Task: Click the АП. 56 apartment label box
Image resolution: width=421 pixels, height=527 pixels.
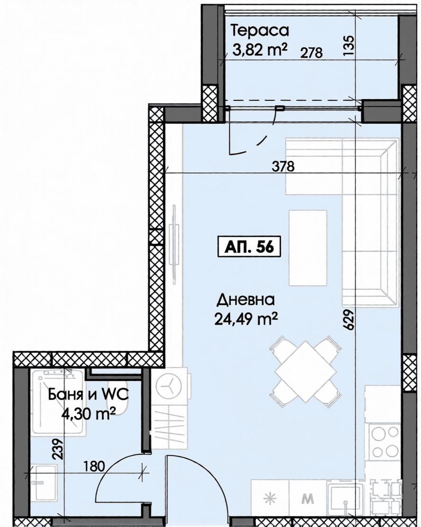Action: pyautogui.click(x=249, y=247)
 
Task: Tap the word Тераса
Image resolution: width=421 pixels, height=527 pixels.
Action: pyautogui.click(x=260, y=31)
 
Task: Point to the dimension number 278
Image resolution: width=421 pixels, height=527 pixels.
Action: pyautogui.click(x=311, y=53)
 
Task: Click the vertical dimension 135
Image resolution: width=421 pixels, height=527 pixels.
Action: pyautogui.click(x=349, y=45)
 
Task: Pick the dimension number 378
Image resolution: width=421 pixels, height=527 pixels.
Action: pyautogui.click(x=283, y=166)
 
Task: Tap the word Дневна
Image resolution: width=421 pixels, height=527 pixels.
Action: pyautogui.click(x=246, y=300)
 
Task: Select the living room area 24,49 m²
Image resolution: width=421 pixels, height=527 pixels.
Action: pyautogui.click(x=246, y=318)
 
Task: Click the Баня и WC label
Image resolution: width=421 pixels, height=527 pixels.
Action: pyautogui.click(x=89, y=395)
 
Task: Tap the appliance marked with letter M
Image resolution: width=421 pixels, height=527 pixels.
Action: pyautogui.click(x=308, y=498)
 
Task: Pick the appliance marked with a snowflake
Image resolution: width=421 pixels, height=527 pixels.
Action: pyautogui.click(x=270, y=498)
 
